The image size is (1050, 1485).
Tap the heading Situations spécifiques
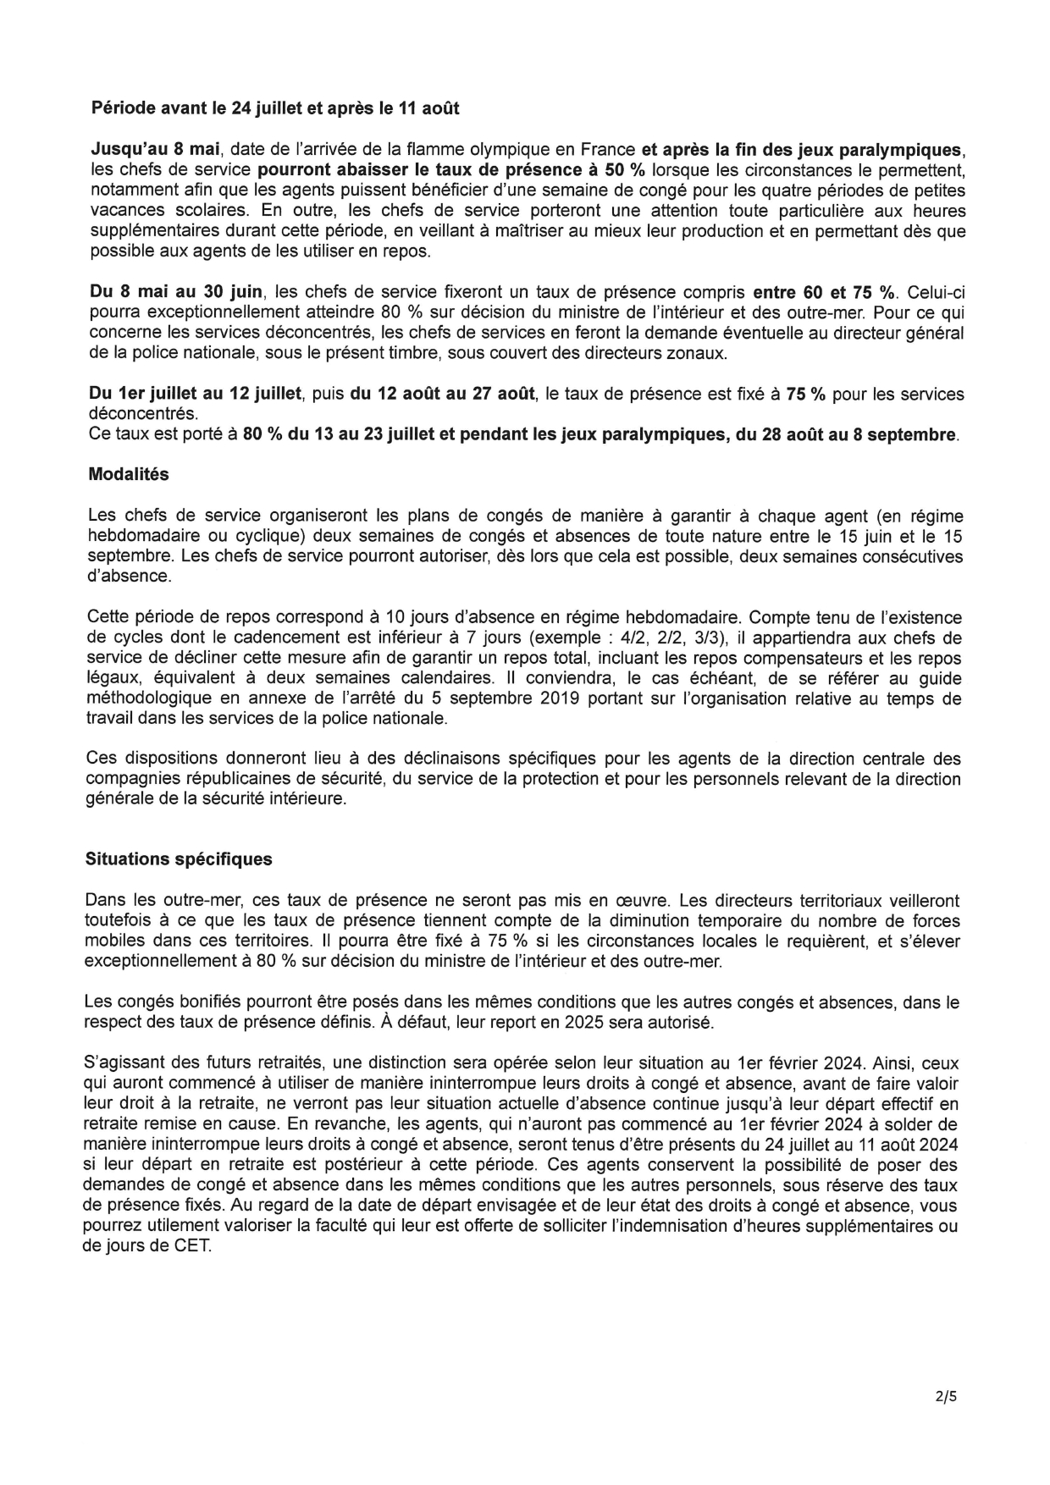(179, 858)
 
